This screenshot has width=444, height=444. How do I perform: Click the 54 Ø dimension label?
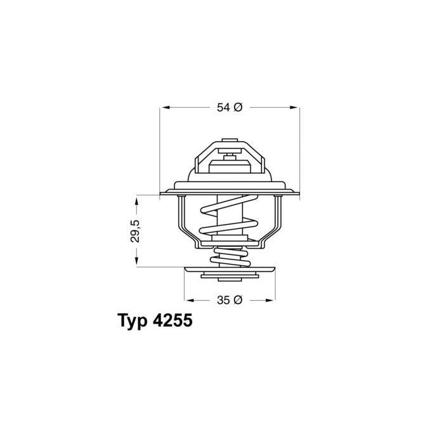[x=230, y=108]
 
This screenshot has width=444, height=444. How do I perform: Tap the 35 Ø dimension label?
[x=230, y=300]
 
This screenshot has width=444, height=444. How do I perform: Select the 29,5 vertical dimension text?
[x=135, y=231]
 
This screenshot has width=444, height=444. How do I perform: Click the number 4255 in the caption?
[x=173, y=320]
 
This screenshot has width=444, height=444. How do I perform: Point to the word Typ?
[x=132, y=322]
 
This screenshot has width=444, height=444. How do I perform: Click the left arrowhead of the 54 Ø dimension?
[x=164, y=108]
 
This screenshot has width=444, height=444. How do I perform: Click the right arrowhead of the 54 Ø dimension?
[x=294, y=108]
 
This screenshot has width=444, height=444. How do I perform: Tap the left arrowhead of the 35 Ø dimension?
[x=189, y=300]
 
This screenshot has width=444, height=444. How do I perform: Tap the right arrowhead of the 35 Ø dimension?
[x=270, y=300]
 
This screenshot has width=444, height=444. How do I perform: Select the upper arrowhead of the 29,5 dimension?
[x=136, y=202]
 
